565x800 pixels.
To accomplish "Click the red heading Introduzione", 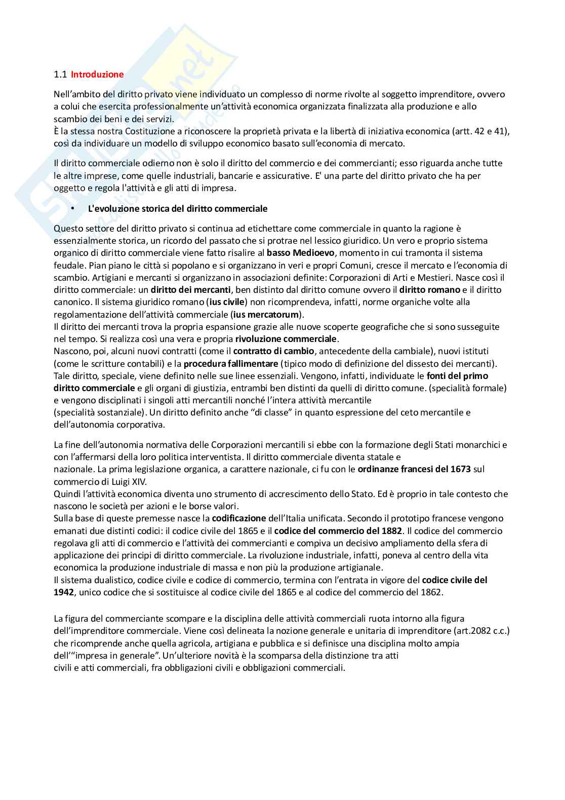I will click(x=97, y=74).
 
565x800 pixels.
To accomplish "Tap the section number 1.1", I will click(x=60, y=74).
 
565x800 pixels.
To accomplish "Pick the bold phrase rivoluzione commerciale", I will click(x=286, y=338).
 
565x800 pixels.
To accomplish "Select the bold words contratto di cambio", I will click(x=274, y=351).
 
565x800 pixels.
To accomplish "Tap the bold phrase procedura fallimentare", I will click(x=231, y=363).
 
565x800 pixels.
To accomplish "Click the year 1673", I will click(x=460, y=469).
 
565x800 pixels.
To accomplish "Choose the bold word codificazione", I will click(x=239, y=518).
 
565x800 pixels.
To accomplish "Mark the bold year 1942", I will click(x=64, y=592).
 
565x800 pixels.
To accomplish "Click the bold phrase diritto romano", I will click(x=430, y=290).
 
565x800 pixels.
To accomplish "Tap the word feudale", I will click(x=68, y=265).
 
